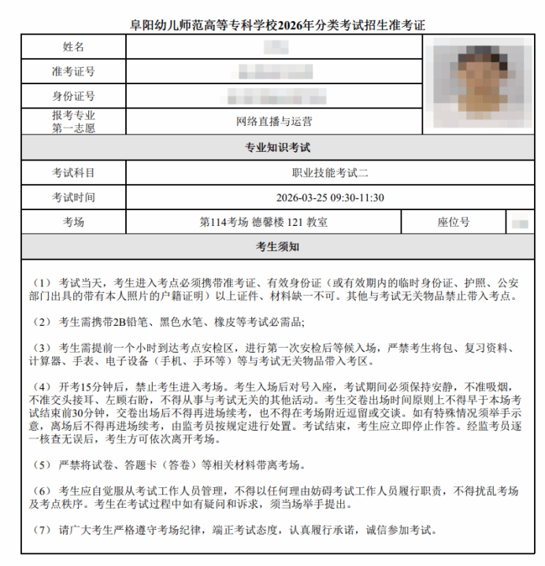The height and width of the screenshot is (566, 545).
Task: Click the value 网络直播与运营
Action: [x=274, y=121]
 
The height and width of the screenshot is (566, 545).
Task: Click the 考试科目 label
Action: [x=73, y=172]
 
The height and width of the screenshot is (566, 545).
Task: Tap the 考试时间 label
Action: [x=73, y=197]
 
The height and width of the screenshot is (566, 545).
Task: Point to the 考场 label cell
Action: [x=73, y=222]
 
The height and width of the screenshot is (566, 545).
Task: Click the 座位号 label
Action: [x=454, y=222]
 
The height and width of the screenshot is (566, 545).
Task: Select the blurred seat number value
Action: [x=520, y=222]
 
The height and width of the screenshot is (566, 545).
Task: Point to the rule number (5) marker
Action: [x=42, y=464]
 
